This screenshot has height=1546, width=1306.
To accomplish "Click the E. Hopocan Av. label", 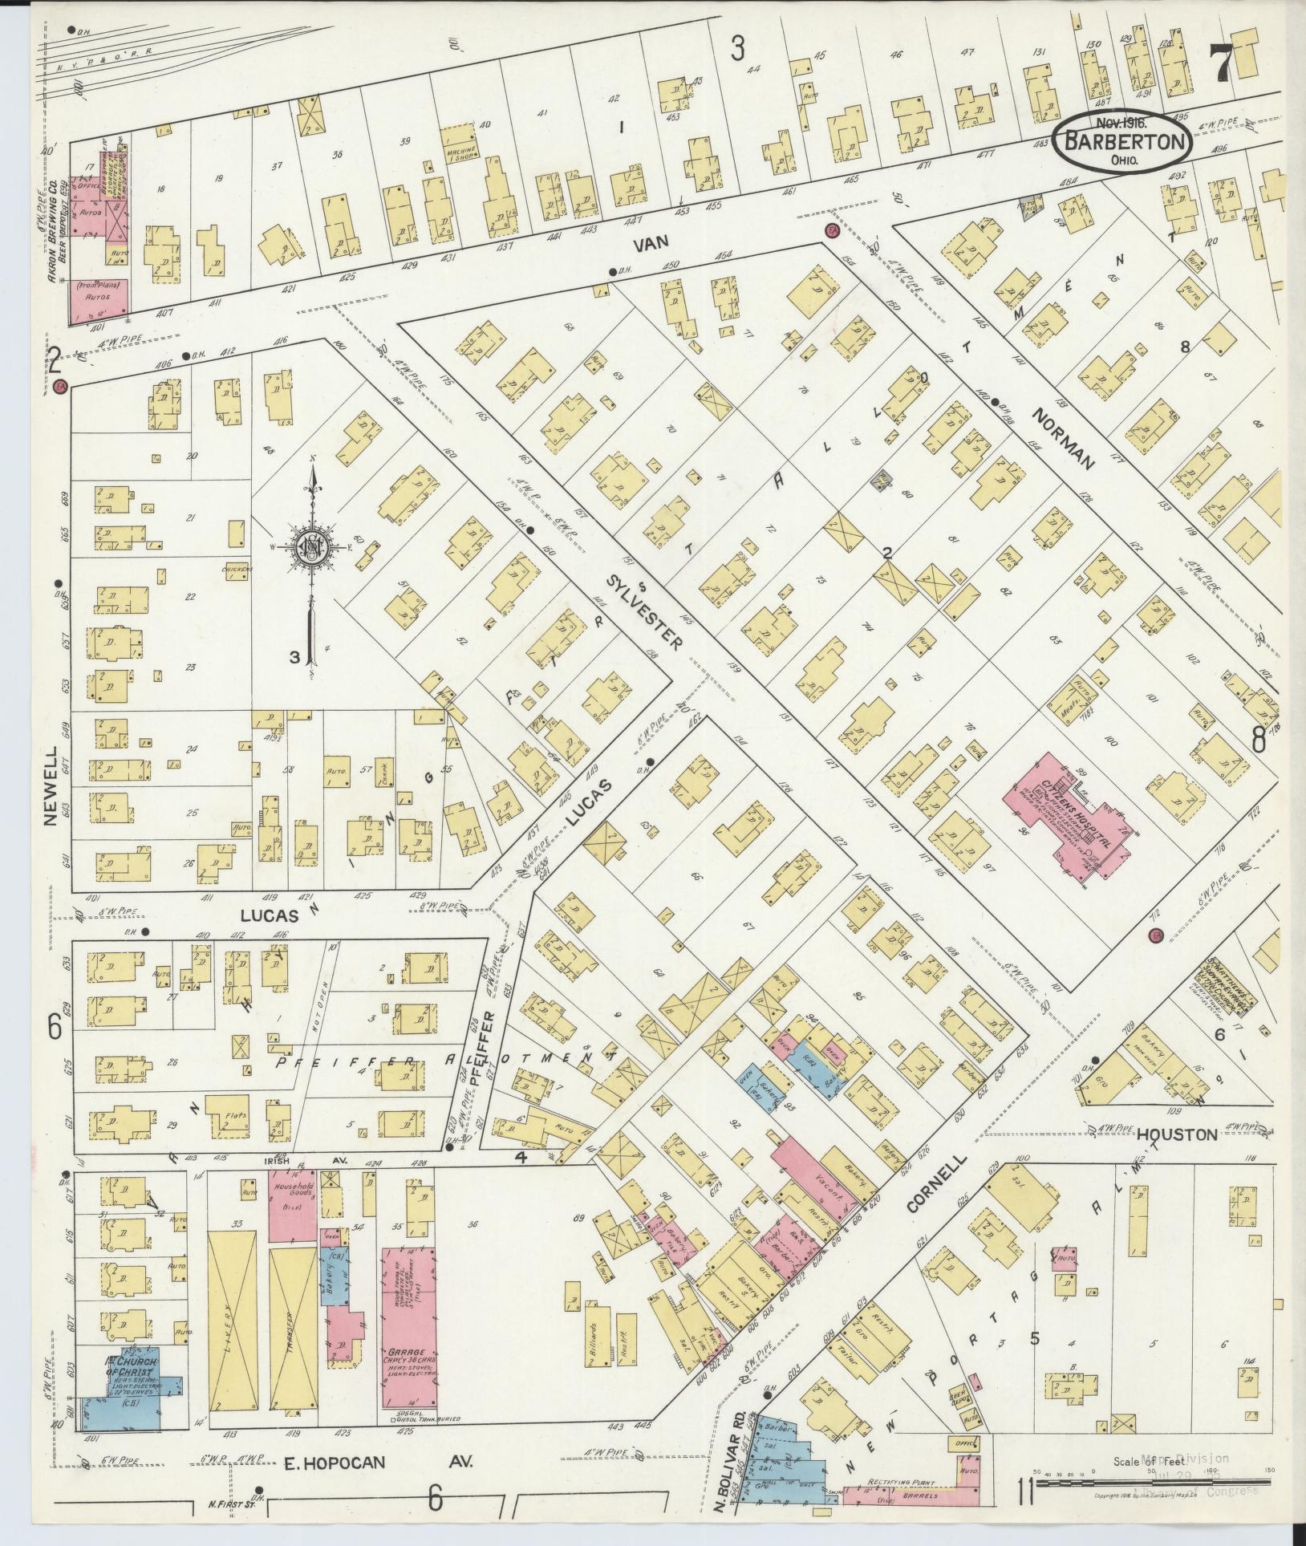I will click(378, 1463).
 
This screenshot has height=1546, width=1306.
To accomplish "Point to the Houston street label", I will click(1177, 1134).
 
